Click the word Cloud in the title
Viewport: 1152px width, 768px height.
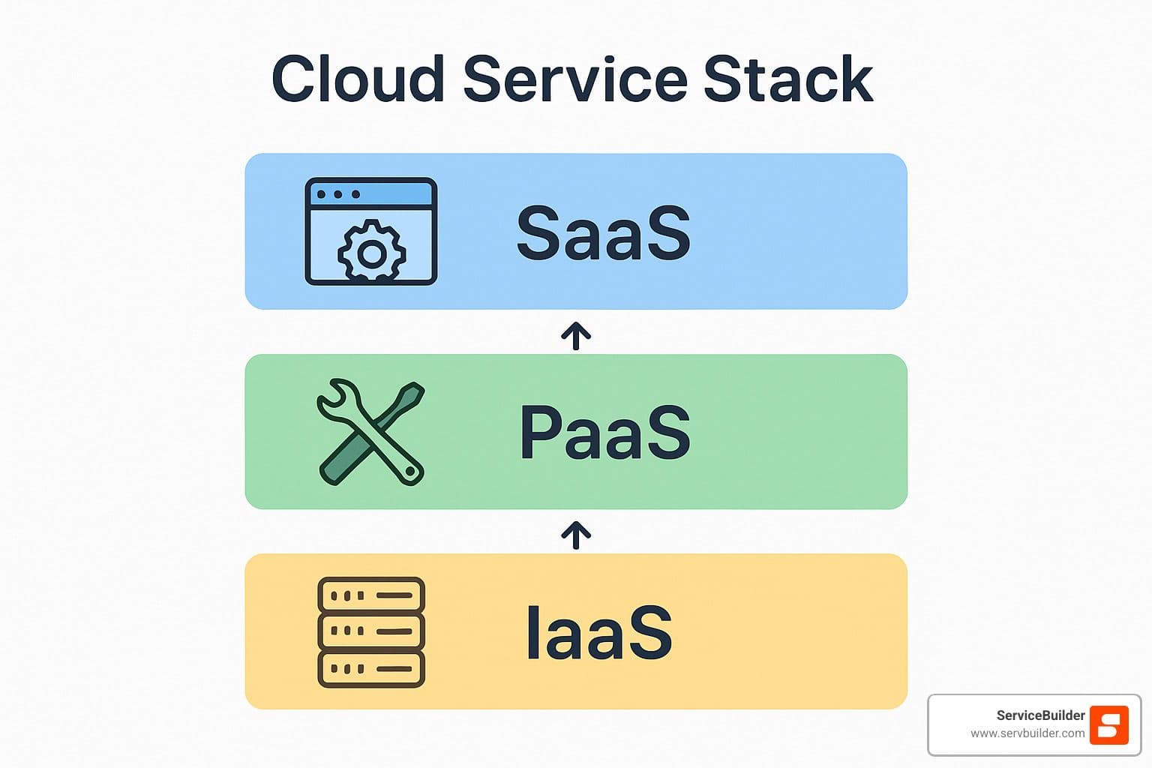click(x=358, y=79)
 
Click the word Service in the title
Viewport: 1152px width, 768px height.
click(x=575, y=79)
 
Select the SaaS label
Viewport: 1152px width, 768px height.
click(x=604, y=233)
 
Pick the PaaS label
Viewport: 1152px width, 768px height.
click(x=604, y=433)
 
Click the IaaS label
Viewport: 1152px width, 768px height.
click(x=598, y=633)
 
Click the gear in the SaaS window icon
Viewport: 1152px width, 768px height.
click(x=371, y=252)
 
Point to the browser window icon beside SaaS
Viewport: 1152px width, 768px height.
click(x=370, y=231)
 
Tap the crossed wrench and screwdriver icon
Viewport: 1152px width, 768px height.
click(x=371, y=432)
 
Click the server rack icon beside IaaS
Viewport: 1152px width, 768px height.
click(x=371, y=632)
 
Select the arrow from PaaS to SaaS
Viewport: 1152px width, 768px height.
click(x=576, y=335)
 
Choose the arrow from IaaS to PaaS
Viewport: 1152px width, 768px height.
click(x=576, y=535)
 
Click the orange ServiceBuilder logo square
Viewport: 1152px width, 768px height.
click(x=1108, y=725)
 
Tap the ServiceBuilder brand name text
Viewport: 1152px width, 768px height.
click(x=1040, y=715)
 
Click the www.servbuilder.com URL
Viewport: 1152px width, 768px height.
click(x=1027, y=733)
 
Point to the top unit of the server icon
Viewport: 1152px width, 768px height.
click(x=371, y=595)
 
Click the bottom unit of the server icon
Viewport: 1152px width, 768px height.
click(x=371, y=668)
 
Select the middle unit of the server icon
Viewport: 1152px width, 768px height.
click(x=371, y=631)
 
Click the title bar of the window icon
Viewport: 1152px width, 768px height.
click(x=370, y=194)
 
